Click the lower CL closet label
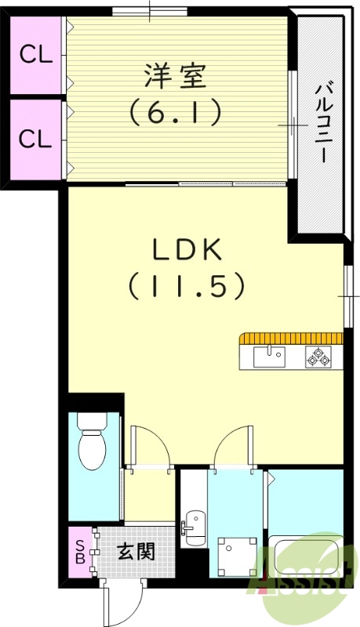(35, 139)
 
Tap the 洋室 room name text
(174, 78)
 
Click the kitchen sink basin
(271, 357)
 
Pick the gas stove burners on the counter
(318, 357)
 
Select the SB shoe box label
(79, 552)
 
